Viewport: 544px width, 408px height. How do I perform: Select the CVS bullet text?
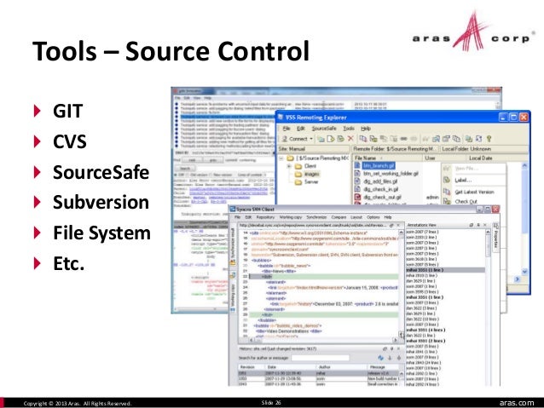70,142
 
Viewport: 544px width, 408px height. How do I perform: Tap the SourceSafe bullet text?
101,173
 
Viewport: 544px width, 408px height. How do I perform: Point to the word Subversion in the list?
101,204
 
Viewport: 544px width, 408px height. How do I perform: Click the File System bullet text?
101,233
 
